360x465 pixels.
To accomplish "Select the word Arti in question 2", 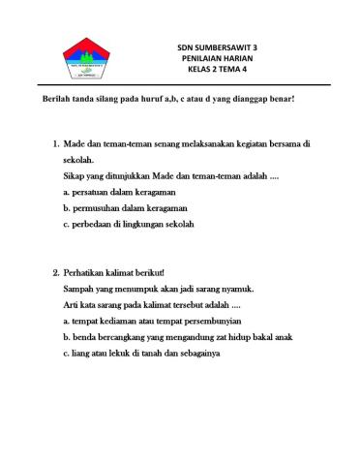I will pos(72,304).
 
